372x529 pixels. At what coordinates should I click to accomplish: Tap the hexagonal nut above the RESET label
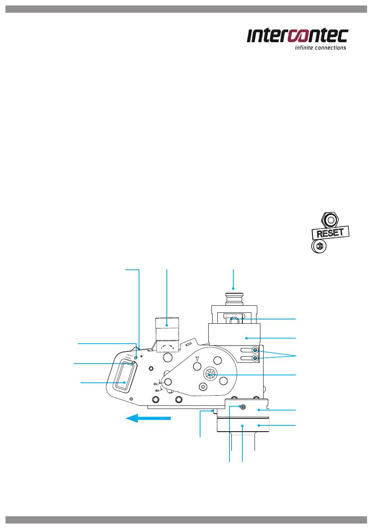pyautogui.click(x=331, y=220)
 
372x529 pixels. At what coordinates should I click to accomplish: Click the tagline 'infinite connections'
pyautogui.click(x=320, y=48)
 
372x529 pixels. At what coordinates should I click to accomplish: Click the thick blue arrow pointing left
pyautogui.click(x=148, y=418)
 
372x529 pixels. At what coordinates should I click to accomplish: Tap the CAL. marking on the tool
pyautogui.click(x=155, y=384)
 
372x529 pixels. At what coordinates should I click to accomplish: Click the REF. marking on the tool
pyautogui.click(x=157, y=391)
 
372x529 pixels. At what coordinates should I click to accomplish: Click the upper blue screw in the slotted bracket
pyautogui.click(x=255, y=350)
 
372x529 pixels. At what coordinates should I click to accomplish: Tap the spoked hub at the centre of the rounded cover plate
pyautogui.click(x=209, y=374)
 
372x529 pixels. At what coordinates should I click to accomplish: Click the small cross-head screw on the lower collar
pyautogui.click(x=242, y=407)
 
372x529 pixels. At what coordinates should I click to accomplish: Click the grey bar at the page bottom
pyautogui.click(x=186, y=520)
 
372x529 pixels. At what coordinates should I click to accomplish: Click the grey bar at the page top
pyautogui.click(x=186, y=9)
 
